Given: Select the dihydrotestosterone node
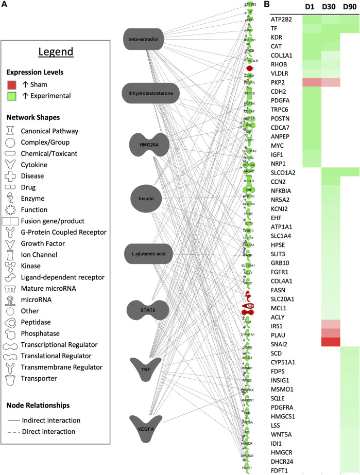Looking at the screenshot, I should point(151,92).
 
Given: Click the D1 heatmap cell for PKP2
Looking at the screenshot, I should point(311,82).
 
